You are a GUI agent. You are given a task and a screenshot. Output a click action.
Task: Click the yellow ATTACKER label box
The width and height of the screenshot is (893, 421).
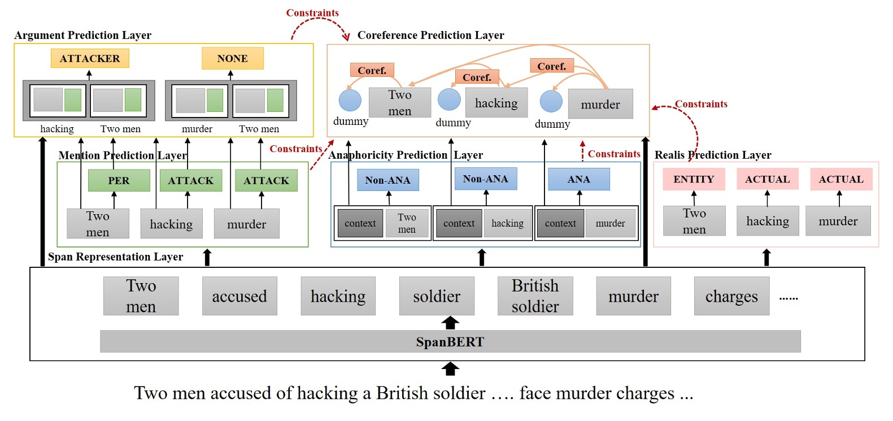(x=90, y=58)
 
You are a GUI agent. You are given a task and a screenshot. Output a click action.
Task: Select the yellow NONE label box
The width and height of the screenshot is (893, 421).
(x=232, y=58)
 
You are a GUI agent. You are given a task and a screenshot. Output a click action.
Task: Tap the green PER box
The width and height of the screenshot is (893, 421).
(x=119, y=180)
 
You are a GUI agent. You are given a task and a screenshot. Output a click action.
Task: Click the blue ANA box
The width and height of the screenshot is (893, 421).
(x=578, y=179)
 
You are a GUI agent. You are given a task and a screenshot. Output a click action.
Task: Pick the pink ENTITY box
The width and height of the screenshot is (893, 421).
(x=694, y=179)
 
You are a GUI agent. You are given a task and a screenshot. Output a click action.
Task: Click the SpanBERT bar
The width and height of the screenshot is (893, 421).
(x=450, y=341)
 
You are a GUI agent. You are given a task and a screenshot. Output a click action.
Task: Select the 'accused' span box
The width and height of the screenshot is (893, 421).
(x=239, y=296)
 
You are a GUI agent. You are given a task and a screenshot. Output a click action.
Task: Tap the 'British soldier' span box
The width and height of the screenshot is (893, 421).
(x=535, y=296)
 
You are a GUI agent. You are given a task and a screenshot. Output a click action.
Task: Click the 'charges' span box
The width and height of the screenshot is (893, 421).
(x=731, y=296)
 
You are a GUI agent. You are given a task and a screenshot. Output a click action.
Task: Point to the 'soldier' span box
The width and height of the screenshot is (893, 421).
(x=437, y=296)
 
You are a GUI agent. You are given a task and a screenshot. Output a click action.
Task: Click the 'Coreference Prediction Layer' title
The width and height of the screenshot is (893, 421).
(x=430, y=35)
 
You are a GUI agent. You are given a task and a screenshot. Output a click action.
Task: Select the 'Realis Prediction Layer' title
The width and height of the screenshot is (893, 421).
(x=713, y=155)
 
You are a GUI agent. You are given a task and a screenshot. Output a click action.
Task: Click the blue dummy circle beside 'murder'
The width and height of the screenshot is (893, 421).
(x=551, y=102)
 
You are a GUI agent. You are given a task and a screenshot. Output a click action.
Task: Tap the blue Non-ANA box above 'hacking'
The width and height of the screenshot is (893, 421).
(x=486, y=179)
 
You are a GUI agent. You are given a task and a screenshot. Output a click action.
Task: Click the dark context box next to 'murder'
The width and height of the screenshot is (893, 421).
(x=560, y=223)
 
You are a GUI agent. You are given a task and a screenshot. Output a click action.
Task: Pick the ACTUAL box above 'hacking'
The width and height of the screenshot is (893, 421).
(x=767, y=179)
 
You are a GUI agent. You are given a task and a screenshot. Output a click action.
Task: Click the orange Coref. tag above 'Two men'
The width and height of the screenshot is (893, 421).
(x=372, y=70)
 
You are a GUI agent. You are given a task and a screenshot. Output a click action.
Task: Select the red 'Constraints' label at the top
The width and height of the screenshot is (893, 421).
(x=312, y=12)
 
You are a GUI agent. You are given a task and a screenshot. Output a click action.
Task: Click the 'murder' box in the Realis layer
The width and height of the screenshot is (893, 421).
(x=838, y=221)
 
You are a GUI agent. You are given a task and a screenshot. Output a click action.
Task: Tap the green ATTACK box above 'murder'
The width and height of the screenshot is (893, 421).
(x=266, y=180)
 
